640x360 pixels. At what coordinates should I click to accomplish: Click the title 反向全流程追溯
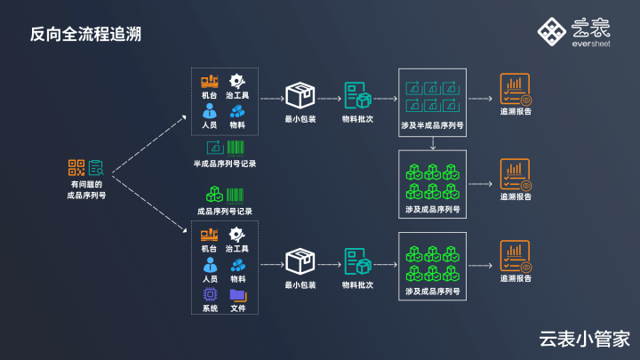[85, 35]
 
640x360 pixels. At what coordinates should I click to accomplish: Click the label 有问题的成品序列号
[86, 190]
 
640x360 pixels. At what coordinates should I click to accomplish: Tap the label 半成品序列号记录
[225, 164]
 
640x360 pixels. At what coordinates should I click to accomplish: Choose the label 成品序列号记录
[225, 212]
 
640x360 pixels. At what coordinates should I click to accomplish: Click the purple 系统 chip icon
[210, 294]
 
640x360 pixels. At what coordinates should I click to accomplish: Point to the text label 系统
[210, 308]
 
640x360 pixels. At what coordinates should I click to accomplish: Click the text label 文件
[238, 308]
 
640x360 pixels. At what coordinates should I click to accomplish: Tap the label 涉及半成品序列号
[433, 126]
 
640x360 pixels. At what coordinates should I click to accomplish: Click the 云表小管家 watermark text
[584, 338]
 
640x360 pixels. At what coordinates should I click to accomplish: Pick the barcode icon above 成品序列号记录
[236, 194]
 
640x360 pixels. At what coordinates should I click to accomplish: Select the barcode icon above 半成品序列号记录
[236, 147]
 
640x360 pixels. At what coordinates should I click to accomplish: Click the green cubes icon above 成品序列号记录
[214, 194]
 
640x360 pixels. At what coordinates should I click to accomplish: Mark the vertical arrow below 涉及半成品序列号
[433, 141]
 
